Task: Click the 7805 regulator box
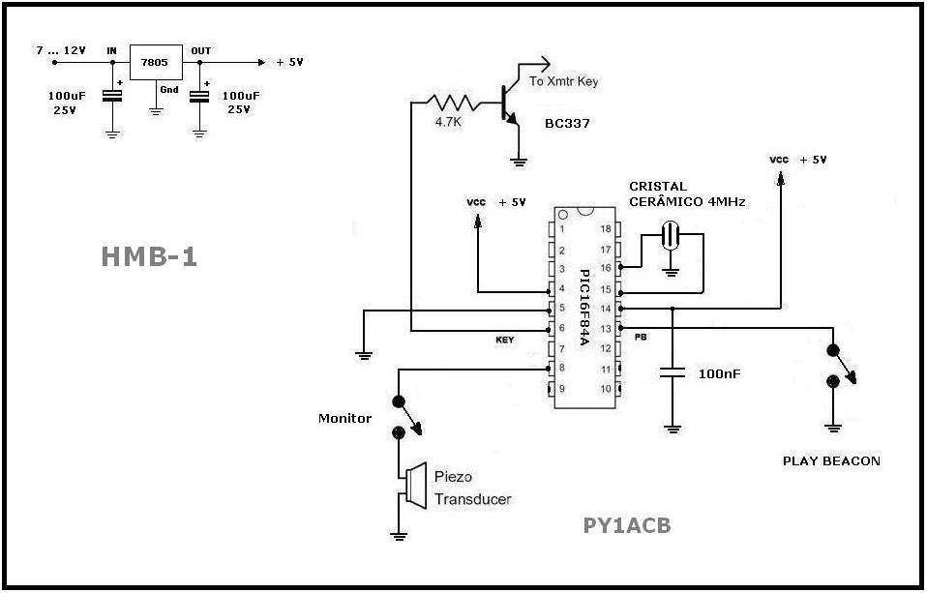point(155,62)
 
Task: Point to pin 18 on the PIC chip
point(607,229)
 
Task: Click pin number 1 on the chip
point(562,229)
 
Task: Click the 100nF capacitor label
point(720,372)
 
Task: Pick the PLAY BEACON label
point(831,460)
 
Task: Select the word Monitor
point(344,418)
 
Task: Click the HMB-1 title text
point(149,255)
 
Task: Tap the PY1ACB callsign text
point(627,526)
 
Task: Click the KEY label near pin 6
point(505,341)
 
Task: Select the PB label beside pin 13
point(640,338)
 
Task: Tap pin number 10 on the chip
point(607,389)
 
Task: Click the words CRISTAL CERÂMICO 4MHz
point(677,193)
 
